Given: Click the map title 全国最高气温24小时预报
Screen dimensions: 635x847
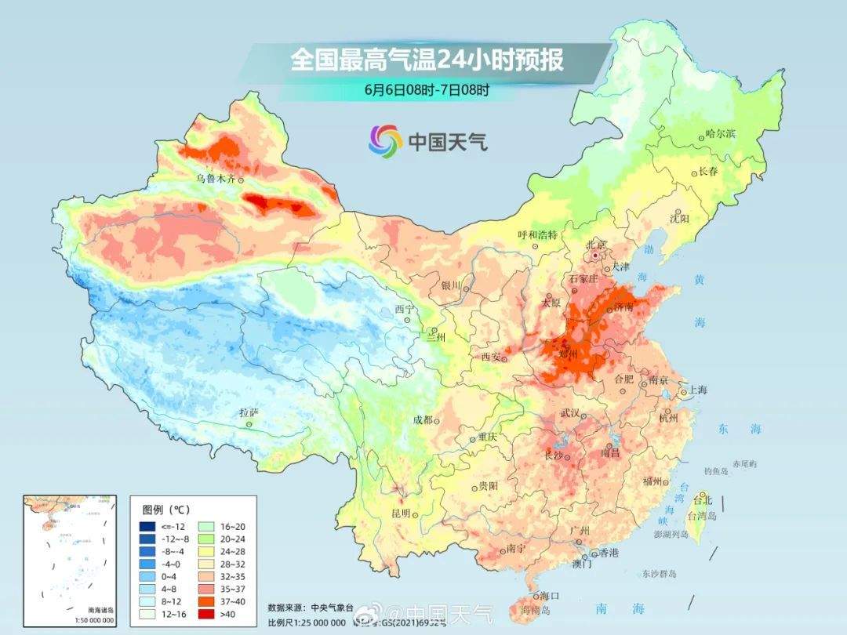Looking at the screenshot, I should coord(427,60).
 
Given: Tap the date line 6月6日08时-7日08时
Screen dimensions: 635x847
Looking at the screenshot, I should coord(427,89).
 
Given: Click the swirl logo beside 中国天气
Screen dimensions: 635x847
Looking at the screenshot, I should coord(385,140).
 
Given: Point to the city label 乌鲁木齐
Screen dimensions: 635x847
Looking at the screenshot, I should coord(215,179).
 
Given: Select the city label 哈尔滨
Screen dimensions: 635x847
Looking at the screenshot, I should coord(721,134).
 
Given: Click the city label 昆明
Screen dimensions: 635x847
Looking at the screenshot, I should coord(401,513).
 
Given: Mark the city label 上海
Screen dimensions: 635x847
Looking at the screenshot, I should coord(697,390).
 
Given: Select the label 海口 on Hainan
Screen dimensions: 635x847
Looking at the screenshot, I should coord(550,597).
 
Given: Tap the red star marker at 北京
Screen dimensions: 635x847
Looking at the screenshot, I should coord(598,256).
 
